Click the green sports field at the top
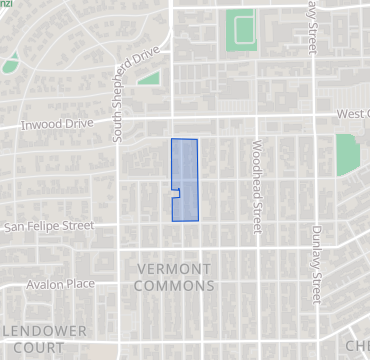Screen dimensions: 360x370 240,30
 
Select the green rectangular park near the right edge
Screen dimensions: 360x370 346,153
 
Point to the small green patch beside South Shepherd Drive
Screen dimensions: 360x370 149,77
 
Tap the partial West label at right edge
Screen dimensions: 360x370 352,114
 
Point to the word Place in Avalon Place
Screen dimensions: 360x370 80,284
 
